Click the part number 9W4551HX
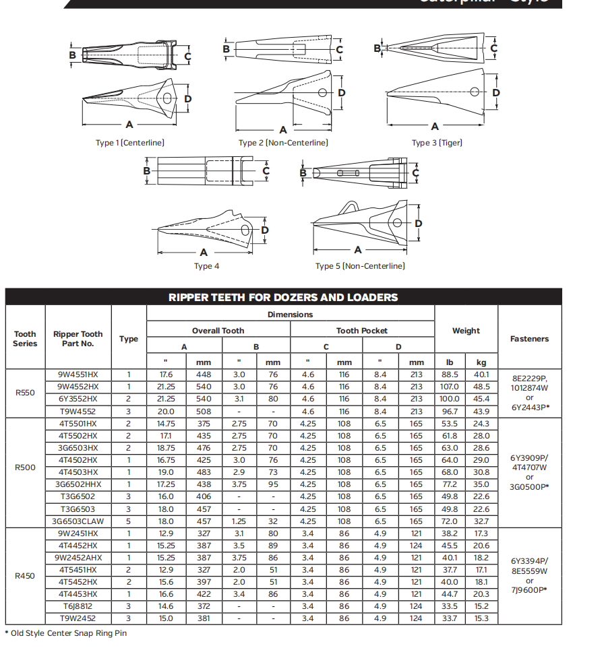pos(78,375)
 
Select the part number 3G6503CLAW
pos(78,521)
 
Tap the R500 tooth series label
pos(25,466)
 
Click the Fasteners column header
pos(529,339)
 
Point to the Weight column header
pos(466,330)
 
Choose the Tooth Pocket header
pos(362,331)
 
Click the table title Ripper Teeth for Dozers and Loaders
pos(283,297)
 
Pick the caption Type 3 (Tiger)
pos(437,142)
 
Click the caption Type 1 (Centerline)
pos(130,142)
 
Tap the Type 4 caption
pos(206,266)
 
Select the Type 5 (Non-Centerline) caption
pos(360,266)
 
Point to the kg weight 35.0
pos(481,484)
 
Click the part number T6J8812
pos(78,606)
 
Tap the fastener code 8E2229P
pos(529,379)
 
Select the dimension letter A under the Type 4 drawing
pos(204,252)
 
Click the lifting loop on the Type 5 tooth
pos(349,207)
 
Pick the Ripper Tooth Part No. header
pos(78,339)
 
